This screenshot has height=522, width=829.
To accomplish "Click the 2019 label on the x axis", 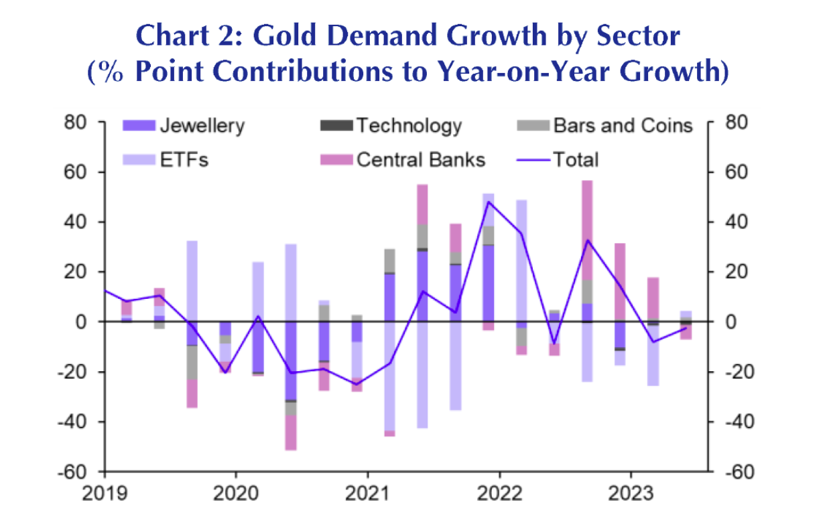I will tap(105, 494).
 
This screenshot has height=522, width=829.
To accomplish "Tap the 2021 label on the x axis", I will tap(369, 494).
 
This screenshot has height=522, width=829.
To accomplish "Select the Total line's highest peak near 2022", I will tap(489, 202).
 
